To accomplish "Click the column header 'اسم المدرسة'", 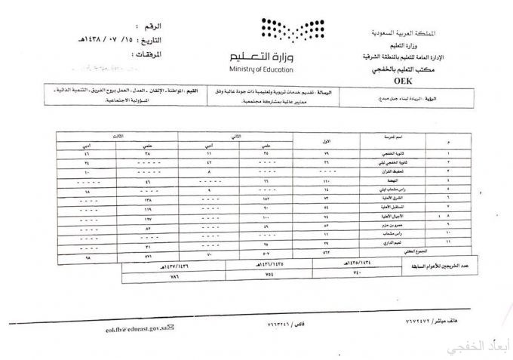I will coord(392,139).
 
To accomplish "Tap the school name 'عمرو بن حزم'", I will coord(392,224).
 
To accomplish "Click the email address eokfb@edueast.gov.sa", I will coord(137,328).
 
